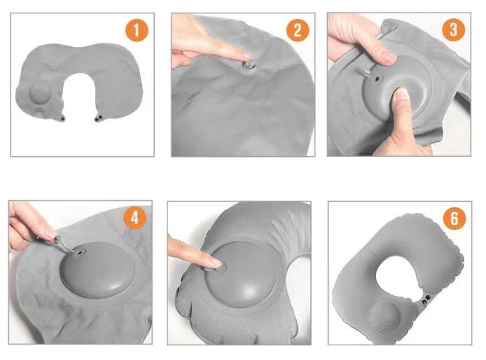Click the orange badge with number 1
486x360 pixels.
(137, 30)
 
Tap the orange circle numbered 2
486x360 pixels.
(297, 30)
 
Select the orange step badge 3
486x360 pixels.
(454, 29)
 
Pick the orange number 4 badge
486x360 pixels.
(135, 218)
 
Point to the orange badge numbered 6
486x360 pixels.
(454, 219)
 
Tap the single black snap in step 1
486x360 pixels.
(63, 119)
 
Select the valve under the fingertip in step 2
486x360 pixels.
(249, 65)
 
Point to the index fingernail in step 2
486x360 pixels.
(248, 56)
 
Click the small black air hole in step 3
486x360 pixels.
(377, 79)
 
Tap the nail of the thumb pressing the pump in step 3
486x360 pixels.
(402, 93)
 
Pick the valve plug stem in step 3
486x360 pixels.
(366, 73)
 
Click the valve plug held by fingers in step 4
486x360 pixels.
(58, 240)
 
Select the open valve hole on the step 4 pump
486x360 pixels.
(81, 253)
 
